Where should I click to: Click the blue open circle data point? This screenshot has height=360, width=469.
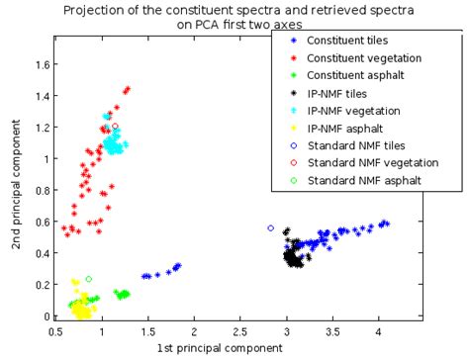coord(271,228)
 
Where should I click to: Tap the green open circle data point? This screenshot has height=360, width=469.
coord(89,280)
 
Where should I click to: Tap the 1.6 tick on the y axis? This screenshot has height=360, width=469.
coord(41,64)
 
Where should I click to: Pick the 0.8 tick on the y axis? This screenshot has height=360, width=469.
coord(41,191)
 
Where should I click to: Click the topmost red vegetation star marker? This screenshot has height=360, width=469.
coord(128,89)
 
